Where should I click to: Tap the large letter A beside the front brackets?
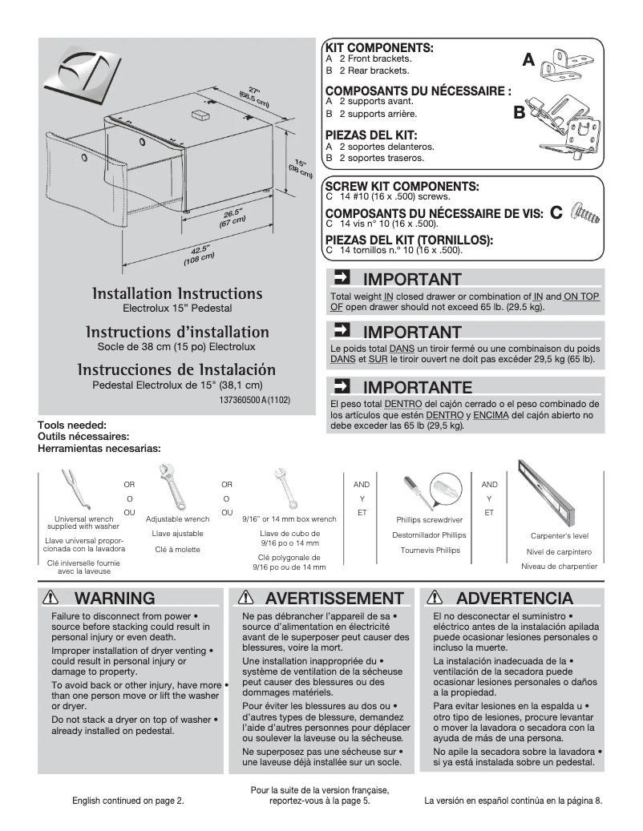tap(528, 60)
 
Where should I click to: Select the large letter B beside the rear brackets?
tap(519, 113)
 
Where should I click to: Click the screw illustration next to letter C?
tap(584, 213)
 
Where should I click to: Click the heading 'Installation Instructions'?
tap(177, 293)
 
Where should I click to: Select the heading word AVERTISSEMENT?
tap(334, 598)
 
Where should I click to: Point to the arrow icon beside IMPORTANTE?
tap(341, 385)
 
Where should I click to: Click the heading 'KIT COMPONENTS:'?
tap(378, 48)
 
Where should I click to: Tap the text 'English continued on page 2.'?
tap(128, 801)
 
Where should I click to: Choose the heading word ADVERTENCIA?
tap(515, 598)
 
